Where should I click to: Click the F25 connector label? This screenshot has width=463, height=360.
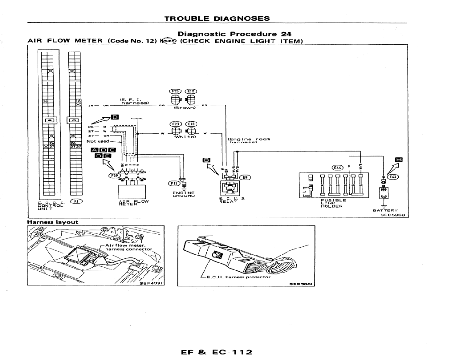point(175,91)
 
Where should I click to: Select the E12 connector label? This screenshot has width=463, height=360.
point(190,91)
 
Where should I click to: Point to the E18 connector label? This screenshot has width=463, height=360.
point(191,124)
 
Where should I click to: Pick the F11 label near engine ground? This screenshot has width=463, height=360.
point(172,183)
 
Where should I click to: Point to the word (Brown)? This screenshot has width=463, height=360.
point(183,107)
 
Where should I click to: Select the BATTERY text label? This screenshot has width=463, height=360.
point(385,210)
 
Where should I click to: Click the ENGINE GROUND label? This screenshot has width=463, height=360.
point(183,194)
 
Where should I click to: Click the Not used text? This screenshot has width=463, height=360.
point(98,141)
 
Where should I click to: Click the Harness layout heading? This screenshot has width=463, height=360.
point(53,222)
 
